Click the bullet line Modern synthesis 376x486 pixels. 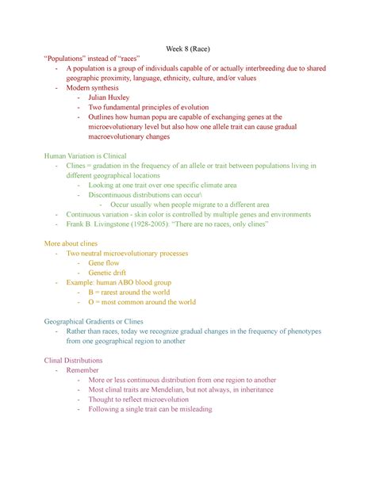click(x=92, y=87)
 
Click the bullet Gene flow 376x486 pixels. click(x=104, y=262)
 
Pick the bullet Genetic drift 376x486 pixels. click(x=108, y=272)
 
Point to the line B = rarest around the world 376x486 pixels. click(x=129, y=292)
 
